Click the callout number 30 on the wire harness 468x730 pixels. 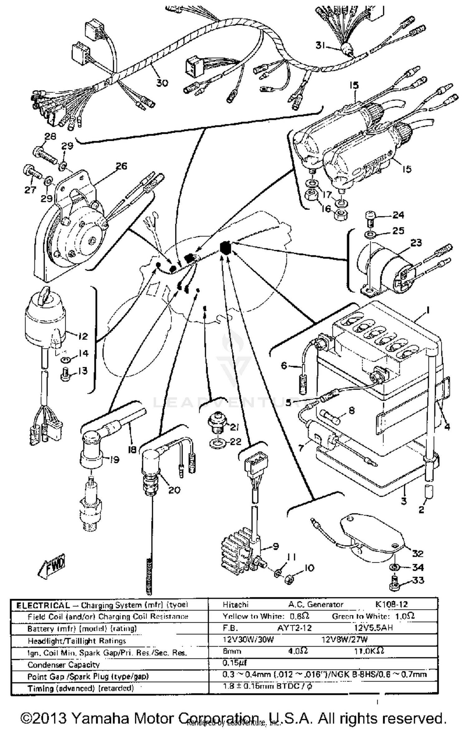click(162, 83)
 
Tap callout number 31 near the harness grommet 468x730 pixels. click(320, 45)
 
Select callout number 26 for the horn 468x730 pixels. click(121, 166)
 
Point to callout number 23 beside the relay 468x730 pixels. click(416, 243)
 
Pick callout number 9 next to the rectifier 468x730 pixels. click(275, 546)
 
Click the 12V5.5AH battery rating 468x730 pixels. click(373, 628)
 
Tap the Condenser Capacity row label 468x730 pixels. click(64, 664)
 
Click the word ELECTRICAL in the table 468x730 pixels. click(43, 605)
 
